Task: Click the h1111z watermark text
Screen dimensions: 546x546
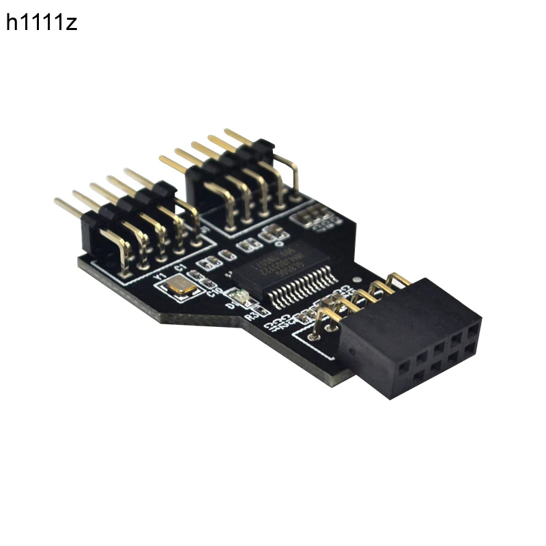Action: point(42,23)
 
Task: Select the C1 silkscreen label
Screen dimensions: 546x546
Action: point(179,269)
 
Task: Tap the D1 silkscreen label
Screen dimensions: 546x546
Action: point(230,306)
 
